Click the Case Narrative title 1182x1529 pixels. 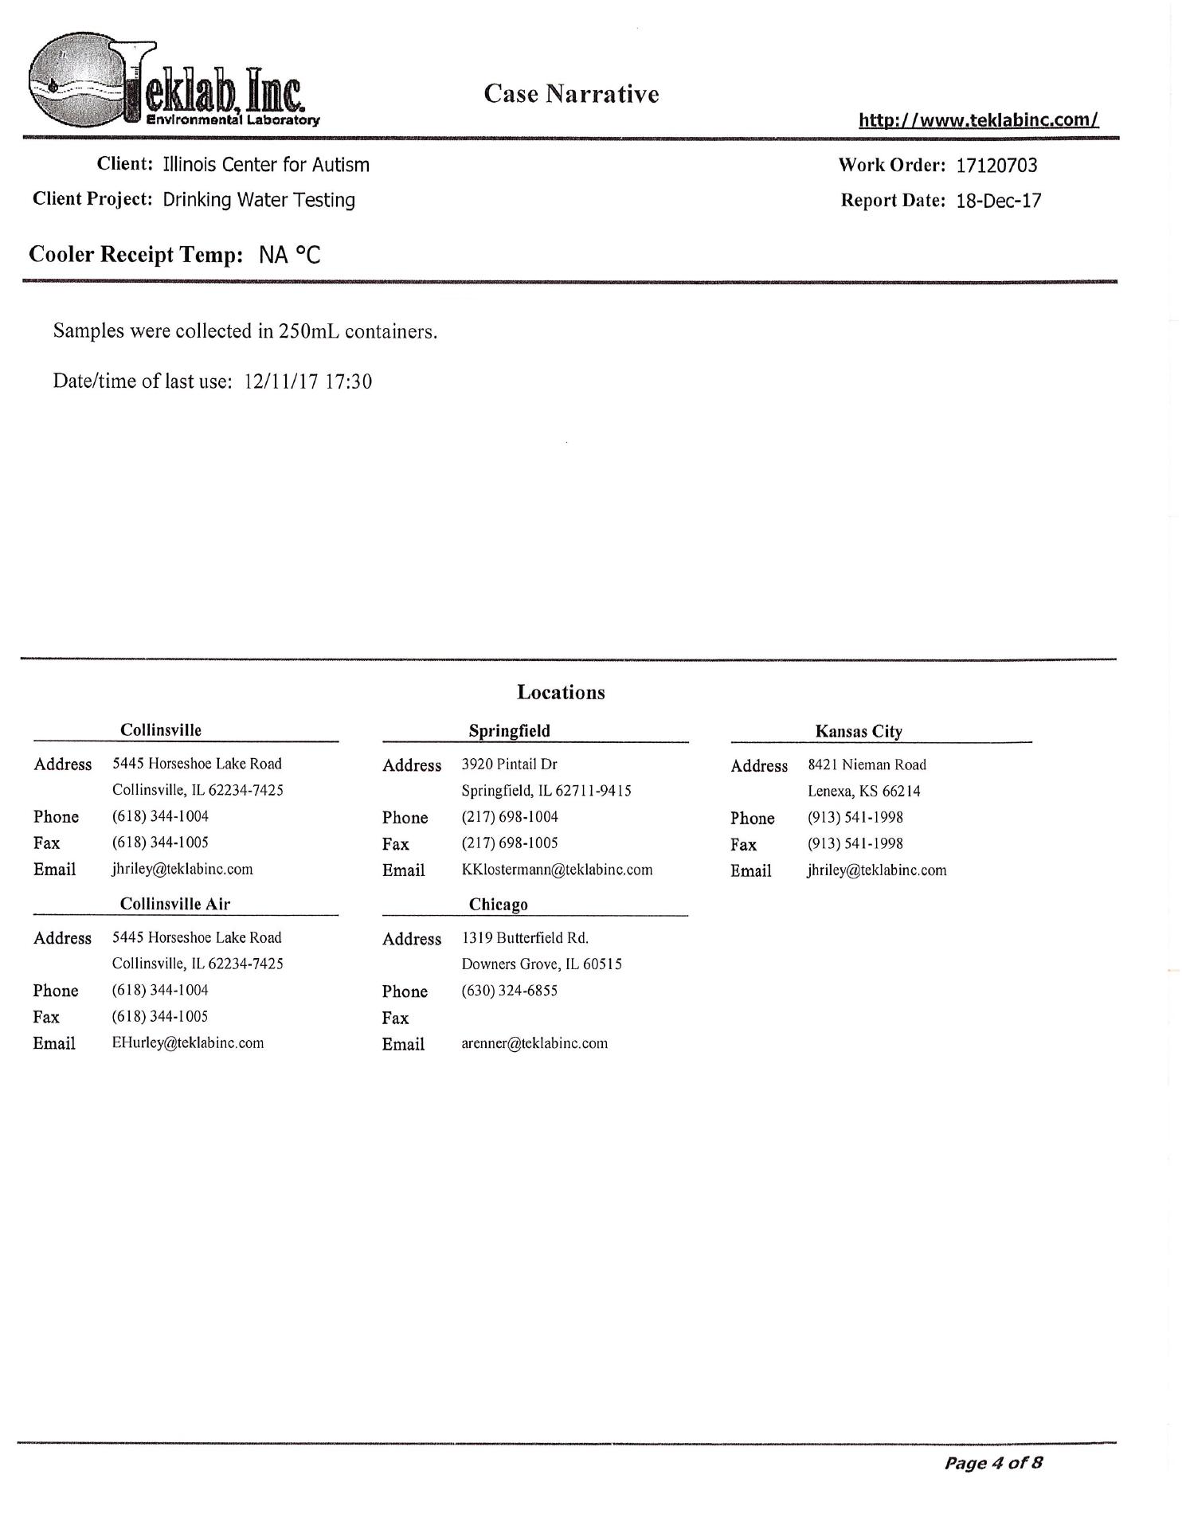571,94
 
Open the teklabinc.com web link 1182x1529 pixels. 978,120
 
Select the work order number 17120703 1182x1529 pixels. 996,166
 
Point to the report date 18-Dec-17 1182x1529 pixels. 998,201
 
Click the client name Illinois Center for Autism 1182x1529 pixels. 266,165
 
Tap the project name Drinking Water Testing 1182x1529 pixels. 259,200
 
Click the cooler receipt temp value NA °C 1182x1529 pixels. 289,256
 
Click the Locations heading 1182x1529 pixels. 561,692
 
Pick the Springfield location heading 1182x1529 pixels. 509,730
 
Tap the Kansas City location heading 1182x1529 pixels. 858,731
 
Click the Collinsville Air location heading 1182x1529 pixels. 175,904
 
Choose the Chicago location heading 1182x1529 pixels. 498,905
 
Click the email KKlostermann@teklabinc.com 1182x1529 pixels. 557,870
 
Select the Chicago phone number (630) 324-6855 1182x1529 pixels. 509,991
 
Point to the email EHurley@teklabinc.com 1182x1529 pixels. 188,1043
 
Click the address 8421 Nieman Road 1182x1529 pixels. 867,764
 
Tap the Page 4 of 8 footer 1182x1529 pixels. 992,1463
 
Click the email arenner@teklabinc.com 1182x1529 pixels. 534,1043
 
